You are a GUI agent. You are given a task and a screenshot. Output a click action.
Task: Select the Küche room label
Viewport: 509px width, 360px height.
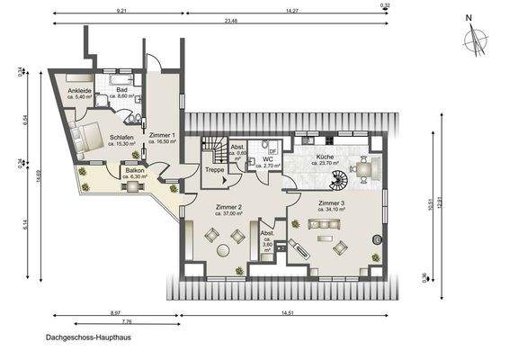[325, 157]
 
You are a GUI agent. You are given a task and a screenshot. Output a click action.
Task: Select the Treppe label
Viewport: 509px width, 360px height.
[215, 169]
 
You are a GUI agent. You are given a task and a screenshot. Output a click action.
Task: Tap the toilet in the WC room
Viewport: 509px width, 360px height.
[265, 144]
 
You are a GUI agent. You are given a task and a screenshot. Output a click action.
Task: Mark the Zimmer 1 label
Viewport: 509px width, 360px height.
[162, 135]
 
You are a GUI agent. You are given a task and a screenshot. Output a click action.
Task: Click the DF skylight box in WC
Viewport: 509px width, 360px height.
[272, 153]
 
